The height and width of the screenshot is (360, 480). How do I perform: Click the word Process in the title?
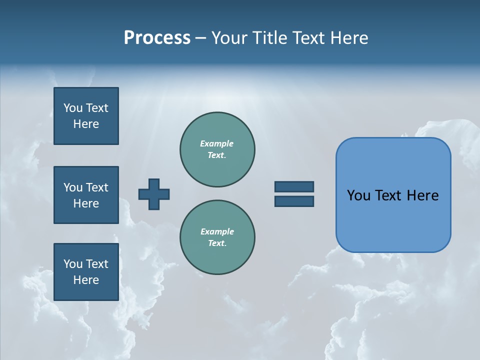click(x=157, y=38)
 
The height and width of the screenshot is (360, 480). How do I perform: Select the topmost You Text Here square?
click(x=86, y=116)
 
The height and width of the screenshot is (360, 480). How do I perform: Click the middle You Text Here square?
click(x=86, y=195)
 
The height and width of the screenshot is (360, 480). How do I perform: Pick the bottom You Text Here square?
click(x=86, y=271)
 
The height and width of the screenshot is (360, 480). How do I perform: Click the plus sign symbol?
click(x=154, y=194)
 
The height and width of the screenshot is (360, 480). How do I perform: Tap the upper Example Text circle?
click(x=217, y=149)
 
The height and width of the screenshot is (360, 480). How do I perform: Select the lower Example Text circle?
click(x=217, y=237)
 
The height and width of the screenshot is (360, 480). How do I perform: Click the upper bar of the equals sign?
click(x=294, y=186)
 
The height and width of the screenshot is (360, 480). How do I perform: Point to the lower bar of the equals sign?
click(x=294, y=201)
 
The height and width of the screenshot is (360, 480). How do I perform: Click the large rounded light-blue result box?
click(x=393, y=220)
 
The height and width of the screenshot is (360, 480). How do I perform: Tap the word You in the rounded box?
click(x=358, y=195)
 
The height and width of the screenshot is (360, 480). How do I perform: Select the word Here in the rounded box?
click(x=422, y=195)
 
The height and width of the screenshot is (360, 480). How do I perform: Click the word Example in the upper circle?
click(x=216, y=144)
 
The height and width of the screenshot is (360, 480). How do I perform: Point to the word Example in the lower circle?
click(x=216, y=232)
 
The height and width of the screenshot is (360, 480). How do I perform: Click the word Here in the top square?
click(x=86, y=124)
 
